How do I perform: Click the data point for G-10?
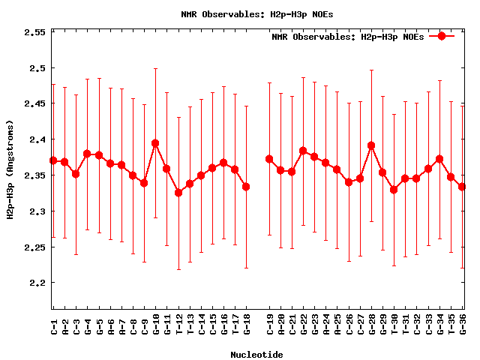click(155, 143)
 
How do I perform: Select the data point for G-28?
click(371, 145)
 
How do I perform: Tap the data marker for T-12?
click(178, 193)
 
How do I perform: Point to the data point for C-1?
click(53, 160)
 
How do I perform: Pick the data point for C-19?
click(269, 159)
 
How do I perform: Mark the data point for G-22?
click(303, 151)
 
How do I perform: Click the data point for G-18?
click(246, 187)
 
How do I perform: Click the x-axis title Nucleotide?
click(256, 355)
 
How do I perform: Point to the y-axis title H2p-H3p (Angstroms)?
click(10, 169)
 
